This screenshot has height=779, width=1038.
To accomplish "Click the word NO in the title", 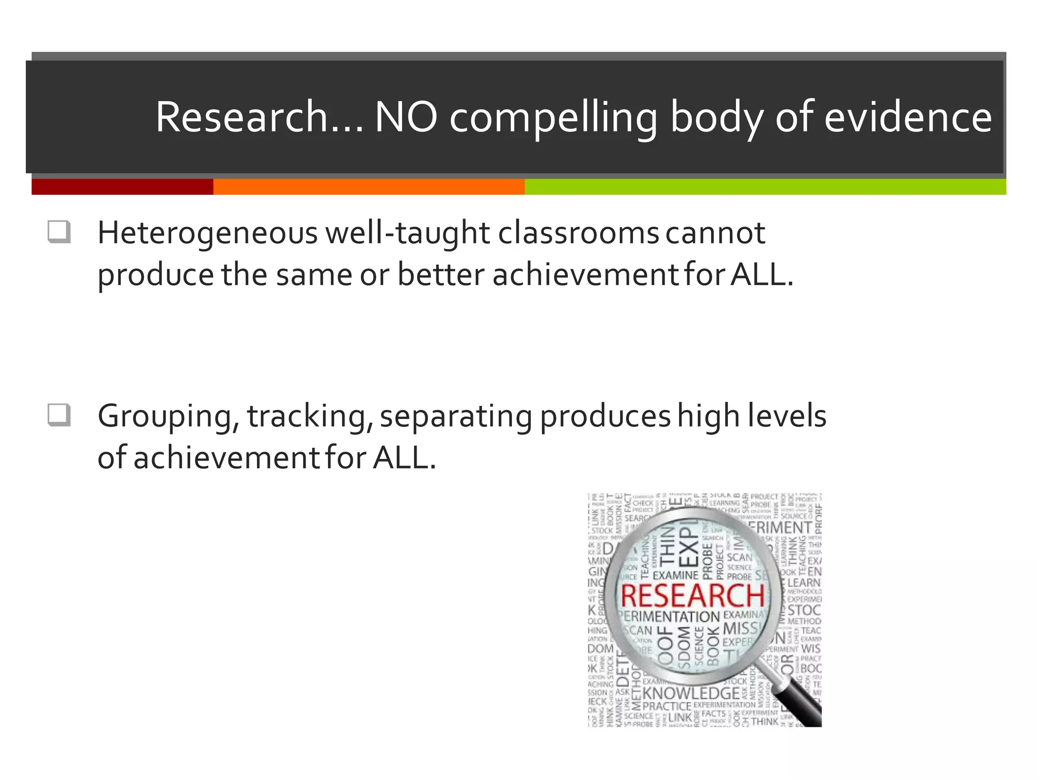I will pyautogui.click(x=405, y=118).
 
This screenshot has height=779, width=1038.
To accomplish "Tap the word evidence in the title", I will pyautogui.click(x=908, y=118).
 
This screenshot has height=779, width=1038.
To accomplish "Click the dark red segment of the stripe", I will pyautogui.click(x=122, y=187).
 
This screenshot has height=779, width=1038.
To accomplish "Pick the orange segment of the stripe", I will pyautogui.click(x=368, y=187).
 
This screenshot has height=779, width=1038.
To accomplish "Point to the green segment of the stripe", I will pyautogui.click(x=765, y=187).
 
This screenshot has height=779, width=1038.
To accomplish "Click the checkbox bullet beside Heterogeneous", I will pyautogui.click(x=59, y=232).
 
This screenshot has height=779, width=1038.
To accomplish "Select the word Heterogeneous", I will pyautogui.click(x=207, y=234).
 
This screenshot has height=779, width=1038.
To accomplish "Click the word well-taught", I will pyautogui.click(x=407, y=234).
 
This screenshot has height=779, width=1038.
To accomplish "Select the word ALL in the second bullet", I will pyautogui.click(x=404, y=457).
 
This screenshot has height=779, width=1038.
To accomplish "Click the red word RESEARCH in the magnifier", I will pyautogui.click(x=692, y=596).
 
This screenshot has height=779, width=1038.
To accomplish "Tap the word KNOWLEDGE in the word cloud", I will pyautogui.click(x=691, y=693).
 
